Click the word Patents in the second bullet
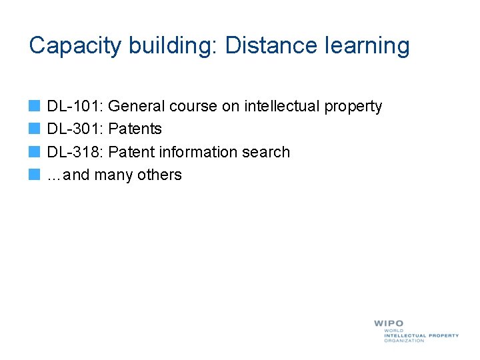[x=135, y=129]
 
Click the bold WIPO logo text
[x=388, y=323]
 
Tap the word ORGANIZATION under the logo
[x=404, y=341]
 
